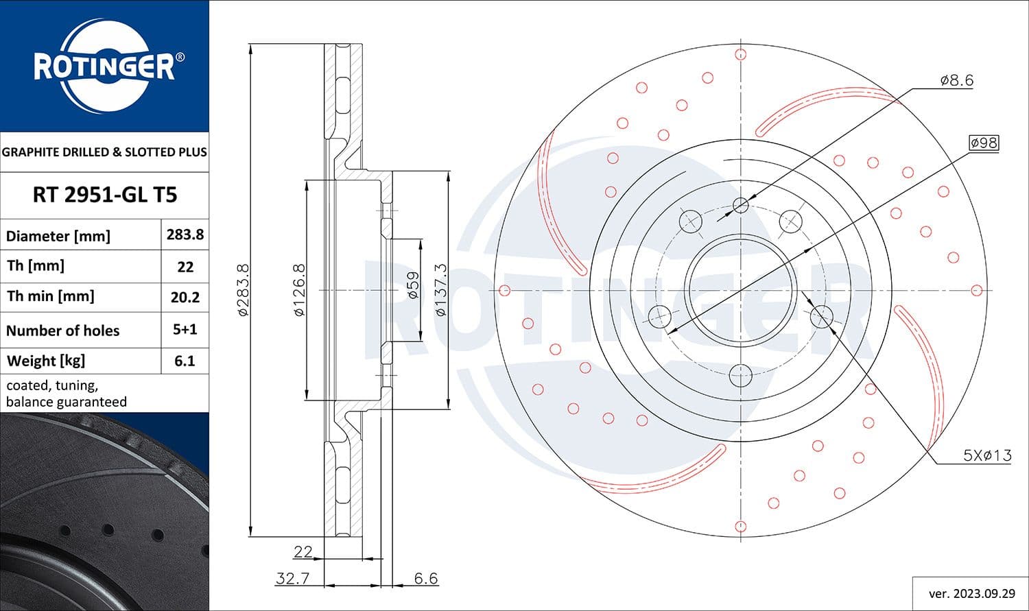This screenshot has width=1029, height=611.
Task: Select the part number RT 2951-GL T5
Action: click(104, 195)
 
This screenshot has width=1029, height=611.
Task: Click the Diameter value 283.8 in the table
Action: click(185, 235)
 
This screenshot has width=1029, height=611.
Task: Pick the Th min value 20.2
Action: click(185, 297)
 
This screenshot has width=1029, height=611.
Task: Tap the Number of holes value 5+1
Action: click(185, 329)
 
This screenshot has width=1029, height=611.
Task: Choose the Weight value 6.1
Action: click(185, 361)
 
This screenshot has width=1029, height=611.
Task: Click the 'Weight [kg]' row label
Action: click(46, 361)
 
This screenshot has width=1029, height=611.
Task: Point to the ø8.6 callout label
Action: click(956, 80)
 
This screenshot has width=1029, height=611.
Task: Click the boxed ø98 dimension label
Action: click(983, 143)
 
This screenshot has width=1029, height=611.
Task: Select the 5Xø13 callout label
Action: click(987, 455)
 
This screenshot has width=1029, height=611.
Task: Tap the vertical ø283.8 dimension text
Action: click(243, 290)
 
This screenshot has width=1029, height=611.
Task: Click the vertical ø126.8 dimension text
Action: click(298, 290)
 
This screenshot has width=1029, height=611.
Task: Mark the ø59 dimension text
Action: click(412, 285)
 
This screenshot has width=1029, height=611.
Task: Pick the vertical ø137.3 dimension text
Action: click(440, 290)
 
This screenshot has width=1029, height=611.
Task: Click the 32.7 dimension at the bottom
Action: click(292, 578)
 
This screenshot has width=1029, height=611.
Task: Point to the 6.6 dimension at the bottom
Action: click(425, 578)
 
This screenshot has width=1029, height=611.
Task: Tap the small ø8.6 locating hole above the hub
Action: click(741, 204)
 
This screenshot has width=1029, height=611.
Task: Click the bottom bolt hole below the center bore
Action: click(741, 374)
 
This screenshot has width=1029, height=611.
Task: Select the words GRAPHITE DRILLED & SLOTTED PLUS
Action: click(104, 152)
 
